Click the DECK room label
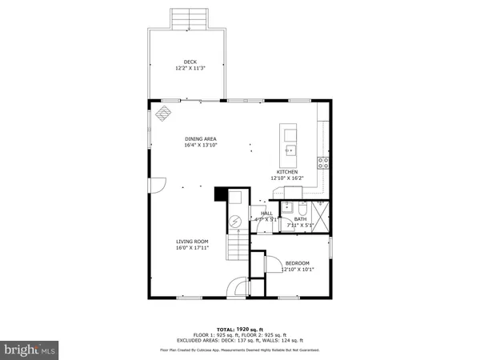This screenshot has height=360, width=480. tap(190, 62)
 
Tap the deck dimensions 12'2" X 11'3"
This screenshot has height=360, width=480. tap(190, 68)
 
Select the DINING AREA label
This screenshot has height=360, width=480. tap(201, 139)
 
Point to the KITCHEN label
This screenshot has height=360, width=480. tap(287, 172)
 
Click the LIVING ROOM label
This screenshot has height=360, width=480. tap(193, 241)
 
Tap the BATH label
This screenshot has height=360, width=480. tap(300, 219)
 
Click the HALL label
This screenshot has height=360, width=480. tap(266, 214)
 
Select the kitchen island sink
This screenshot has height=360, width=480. tap(290, 150)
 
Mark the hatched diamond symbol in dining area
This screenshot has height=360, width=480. tap(164, 113)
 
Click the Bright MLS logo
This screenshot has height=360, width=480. tap(30, 350)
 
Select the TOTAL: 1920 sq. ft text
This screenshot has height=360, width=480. tap(239, 330)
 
